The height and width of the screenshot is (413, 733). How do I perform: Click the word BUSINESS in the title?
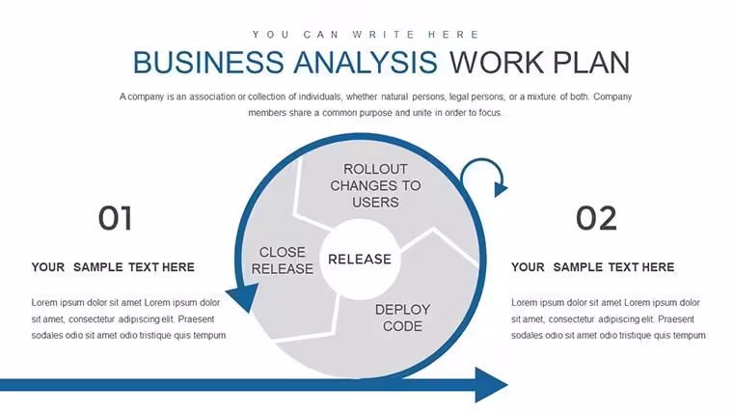pos(208,62)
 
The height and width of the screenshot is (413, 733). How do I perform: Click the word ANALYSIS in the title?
pos(366,62)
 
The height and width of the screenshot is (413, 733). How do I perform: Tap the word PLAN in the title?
pos(591,62)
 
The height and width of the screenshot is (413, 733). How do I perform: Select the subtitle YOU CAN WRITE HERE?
pos(366,35)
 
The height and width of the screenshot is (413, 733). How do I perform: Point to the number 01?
pos(116,218)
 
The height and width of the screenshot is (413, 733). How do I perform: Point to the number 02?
pos(596,218)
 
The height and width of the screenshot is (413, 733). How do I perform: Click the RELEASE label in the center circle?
pos(360,260)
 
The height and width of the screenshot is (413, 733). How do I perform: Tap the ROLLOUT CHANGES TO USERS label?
pos(375,185)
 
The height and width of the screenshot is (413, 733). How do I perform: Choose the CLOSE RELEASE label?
pos(283,261)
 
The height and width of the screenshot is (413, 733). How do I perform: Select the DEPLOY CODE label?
pos(402,317)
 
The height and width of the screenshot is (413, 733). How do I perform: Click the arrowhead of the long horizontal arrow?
pos(491,385)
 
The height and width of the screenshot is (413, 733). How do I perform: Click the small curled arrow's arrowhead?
pos(501,189)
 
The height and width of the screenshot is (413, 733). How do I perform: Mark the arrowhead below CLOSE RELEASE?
pos(244,297)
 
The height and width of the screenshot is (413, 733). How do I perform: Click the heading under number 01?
pos(113,267)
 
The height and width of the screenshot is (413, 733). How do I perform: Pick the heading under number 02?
pos(592,267)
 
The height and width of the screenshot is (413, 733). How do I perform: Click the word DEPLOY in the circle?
pos(402,309)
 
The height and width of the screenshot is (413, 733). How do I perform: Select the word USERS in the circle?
pos(375,203)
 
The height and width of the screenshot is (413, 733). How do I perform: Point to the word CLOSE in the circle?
pos(283,252)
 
